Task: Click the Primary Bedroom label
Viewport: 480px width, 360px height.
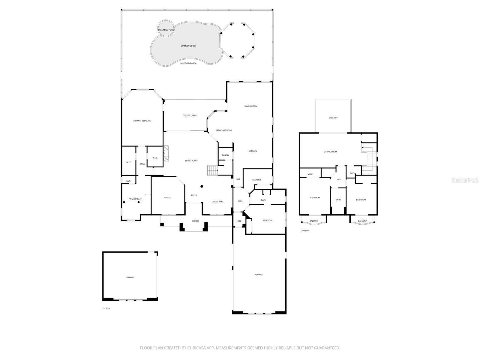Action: (142, 121)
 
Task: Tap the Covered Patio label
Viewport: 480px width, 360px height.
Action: (190, 115)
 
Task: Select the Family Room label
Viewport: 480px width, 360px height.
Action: (250, 106)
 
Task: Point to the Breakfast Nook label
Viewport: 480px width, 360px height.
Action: (224, 130)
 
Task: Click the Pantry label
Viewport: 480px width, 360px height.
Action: (226, 155)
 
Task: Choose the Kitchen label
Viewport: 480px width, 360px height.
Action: (253, 151)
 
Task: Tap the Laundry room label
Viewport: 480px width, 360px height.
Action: (256, 180)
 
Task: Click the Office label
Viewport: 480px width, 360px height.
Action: (167, 198)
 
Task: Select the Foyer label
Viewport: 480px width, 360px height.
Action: (194, 195)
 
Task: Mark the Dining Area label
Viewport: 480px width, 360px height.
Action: (217, 202)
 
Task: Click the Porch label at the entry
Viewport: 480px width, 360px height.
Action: (195, 221)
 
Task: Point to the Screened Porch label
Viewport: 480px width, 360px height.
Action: (188, 63)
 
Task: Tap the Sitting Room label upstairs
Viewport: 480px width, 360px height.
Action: (330, 152)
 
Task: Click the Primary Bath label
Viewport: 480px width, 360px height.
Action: (135, 199)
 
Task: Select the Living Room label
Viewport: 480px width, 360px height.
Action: (191, 161)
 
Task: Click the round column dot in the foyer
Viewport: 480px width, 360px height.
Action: (202, 186)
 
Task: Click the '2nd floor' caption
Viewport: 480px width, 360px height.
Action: (305, 231)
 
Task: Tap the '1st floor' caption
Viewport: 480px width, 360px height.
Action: (106, 308)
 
